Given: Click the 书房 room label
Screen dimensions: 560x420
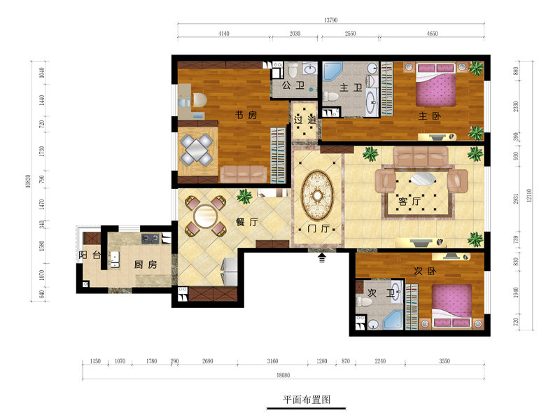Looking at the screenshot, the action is click(x=246, y=115).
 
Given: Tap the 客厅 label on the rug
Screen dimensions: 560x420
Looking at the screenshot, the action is click(x=409, y=202).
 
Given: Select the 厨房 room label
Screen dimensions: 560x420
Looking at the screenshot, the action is click(x=146, y=265).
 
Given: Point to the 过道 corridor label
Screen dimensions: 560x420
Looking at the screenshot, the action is click(x=304, y=120).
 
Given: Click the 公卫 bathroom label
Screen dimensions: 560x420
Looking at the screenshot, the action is click(x=293, y=85).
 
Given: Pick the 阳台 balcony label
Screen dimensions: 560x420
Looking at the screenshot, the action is click(x=90, y=255).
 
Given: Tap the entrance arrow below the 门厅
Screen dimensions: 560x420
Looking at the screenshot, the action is click(x=322, y=258).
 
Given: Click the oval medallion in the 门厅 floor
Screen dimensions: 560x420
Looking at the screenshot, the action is click(x=318, y=196).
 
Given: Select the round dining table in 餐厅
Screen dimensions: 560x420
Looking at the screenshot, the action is click(x=205, y=216).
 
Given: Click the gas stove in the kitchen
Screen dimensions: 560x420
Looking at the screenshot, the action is click(x=150, y=238).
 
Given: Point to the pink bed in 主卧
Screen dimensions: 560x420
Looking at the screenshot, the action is click(x=435, y=85).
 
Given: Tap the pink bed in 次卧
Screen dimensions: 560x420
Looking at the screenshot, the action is click(x=451, y=306).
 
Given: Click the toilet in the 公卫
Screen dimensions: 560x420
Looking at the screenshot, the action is click(x=293, y=70).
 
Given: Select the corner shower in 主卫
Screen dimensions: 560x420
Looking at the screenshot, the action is click(x=332, y=71).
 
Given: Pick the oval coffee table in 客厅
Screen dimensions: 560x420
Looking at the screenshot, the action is click(x=423, y=178).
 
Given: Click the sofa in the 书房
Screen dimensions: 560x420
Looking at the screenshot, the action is click(x=243, y=174).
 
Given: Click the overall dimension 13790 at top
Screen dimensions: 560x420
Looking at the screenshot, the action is click(x=330, y=20).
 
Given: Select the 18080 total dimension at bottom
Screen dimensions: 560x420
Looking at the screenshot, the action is click(x=283, y=375).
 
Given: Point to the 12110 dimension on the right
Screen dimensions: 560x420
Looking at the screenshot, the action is click(x=529, y=195).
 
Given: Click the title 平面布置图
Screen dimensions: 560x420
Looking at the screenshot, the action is click(x=307, y=400).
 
